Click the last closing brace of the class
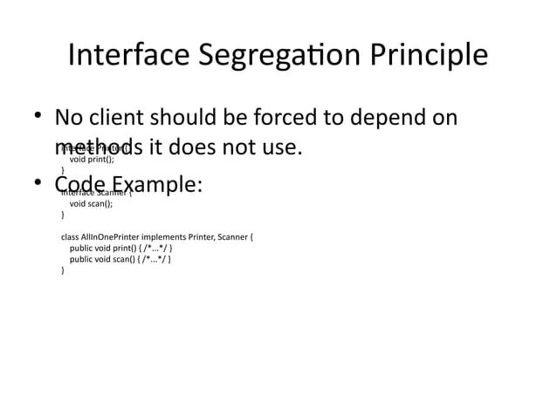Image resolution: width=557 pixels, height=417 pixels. [x=63, y=270]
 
